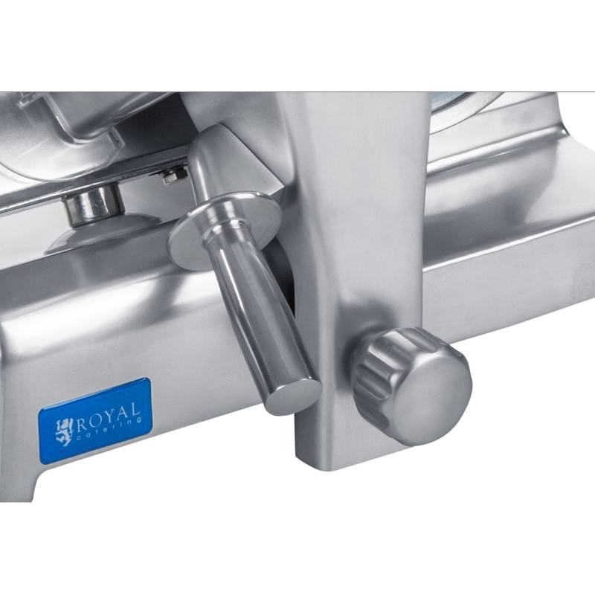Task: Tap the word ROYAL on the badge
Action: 109,414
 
